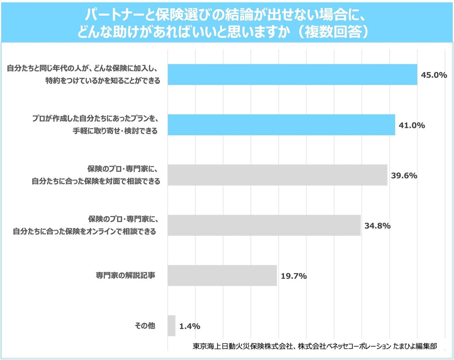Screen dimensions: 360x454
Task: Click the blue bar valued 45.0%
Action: [292, 75]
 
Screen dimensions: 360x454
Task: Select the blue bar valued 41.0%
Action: [281, 125]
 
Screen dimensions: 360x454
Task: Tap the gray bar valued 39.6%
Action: [277, 175]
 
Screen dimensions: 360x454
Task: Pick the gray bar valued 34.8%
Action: [264, 225]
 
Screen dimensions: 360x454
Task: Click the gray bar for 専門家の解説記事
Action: [222, 276]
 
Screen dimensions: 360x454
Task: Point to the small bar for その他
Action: [172, 326]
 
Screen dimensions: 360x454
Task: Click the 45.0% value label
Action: [433, 75]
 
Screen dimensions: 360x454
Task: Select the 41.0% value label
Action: [411, 125]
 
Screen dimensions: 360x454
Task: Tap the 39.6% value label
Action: [404, 175]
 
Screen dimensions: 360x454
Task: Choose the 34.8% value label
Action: [377, 226]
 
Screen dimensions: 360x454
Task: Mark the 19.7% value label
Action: [293, 276]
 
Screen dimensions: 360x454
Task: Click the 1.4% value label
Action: [189, 326]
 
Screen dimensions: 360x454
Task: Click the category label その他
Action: [145, 326]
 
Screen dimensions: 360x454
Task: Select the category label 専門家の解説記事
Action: [125, 275]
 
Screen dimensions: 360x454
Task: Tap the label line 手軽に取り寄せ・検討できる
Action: [115, 131]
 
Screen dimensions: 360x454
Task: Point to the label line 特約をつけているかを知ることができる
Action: [103, 81]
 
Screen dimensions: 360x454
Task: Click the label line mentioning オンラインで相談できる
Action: [84, 231]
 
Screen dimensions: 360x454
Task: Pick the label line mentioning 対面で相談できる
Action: [96, 181]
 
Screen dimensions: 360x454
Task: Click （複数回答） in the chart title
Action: [333, 31]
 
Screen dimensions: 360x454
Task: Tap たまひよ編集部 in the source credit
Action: [415, 346]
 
